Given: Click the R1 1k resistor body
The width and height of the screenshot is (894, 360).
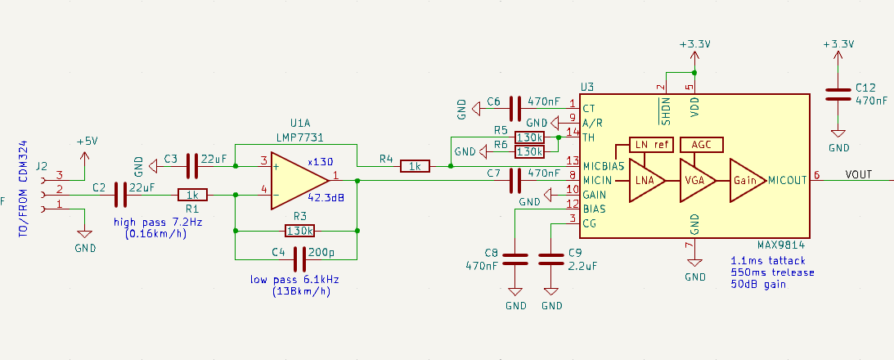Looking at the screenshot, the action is pyautogui.click(x=192, y=195).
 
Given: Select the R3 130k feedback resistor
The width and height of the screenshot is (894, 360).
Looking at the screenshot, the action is pyautogui.click(x=299, y=231).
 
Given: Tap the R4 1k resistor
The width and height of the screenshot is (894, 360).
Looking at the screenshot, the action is pyautogui.click(x=415, y=166).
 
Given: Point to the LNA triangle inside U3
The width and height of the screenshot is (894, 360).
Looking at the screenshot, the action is pyautogui.click(x=647, y=180).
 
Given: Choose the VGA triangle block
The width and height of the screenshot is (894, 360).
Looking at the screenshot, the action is pyautogui.click(x=698, y=180).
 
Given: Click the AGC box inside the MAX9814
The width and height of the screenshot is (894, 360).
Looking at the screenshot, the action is pyautogui.click(x=702, y=145).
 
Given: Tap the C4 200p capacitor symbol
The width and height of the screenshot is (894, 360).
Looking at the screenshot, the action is pyautogui.click(x=300, y=259).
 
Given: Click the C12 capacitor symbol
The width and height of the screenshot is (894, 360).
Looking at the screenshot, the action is pyautogui.click(x=838, y=94).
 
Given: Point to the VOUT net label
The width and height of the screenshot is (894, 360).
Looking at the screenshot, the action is pyautogui.click(x=859, y=174).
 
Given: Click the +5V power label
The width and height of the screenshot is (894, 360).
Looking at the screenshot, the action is pyautogui.click(x=88, y=142).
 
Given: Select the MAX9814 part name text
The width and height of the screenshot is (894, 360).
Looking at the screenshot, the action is pyautogui.click(x=780, y=245).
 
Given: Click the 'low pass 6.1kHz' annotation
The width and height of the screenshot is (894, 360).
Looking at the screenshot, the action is pyautogui.click(x=294, y=280).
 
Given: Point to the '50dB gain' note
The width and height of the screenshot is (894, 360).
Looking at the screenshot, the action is pyautogui.click(x=758, y=284).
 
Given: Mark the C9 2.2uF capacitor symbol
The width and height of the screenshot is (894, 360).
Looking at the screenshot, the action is pyautogui.click(x=551, y=259).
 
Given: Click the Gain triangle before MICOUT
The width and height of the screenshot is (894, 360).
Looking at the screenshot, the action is pyautogui.click(x=748, y=180).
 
